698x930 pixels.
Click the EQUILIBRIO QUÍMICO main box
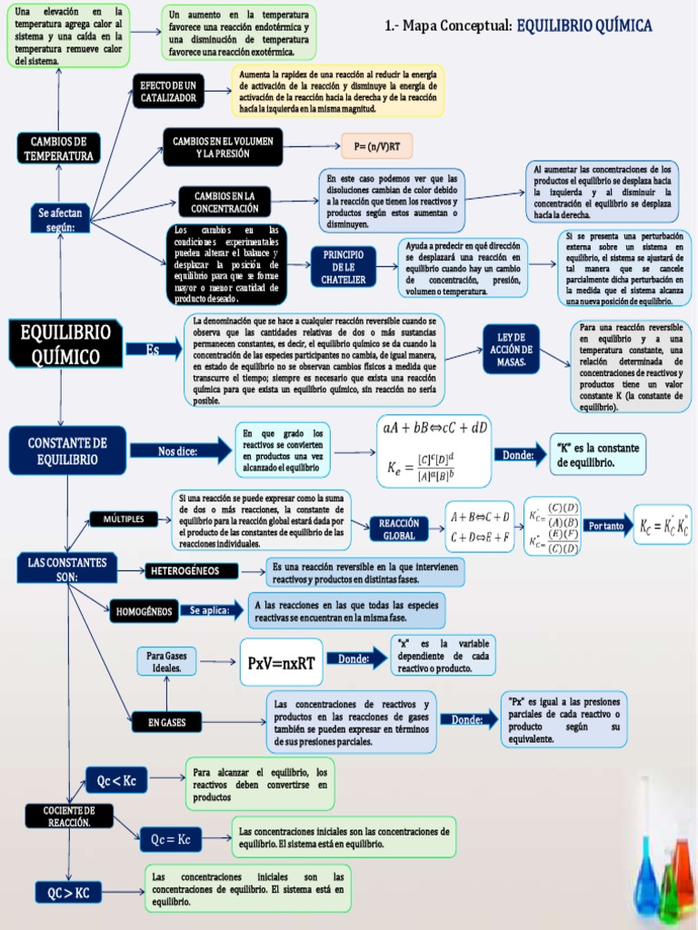(65, 343)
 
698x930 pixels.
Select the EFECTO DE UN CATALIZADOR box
(169, 91)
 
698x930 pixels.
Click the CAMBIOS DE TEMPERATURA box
(57, 148)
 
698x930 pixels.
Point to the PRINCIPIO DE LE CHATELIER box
(344, 267)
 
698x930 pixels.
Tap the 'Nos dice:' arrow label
(179, 450)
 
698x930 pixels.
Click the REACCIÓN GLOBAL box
(399, 529)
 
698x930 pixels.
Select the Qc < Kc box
(116, 778)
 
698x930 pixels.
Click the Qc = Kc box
(170, 839)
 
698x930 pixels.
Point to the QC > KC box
(69, 893)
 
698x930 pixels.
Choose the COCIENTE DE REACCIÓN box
(69, 816)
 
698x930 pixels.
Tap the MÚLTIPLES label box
(124, 519)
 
